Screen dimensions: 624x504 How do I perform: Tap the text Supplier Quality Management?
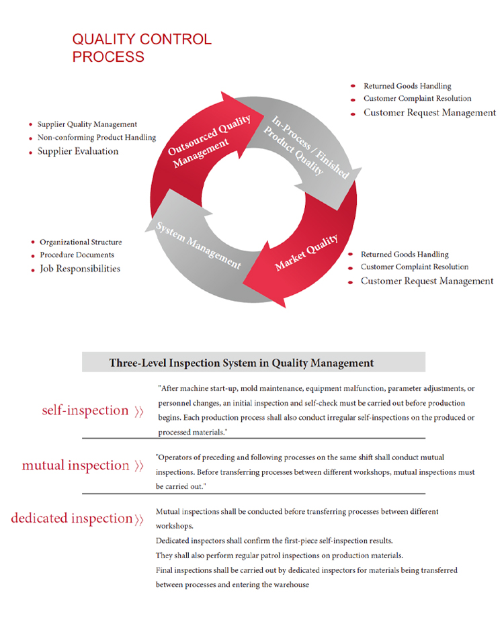[87, 124]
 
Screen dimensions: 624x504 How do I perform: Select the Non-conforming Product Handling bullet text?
[97, 138]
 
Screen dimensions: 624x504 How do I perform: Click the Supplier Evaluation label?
[78, 151]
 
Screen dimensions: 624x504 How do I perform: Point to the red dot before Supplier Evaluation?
[31, 152]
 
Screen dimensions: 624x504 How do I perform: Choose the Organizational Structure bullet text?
[81, 242]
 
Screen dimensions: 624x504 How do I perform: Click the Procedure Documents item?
[77, 255]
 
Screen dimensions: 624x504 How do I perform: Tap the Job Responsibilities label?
[80, 269]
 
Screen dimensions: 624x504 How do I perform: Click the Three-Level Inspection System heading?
[241, 363]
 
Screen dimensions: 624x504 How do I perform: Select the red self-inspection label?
[85, 410]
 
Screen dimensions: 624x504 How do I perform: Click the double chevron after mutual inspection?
[139, 465]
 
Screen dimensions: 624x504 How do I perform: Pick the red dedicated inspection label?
[72, 519]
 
